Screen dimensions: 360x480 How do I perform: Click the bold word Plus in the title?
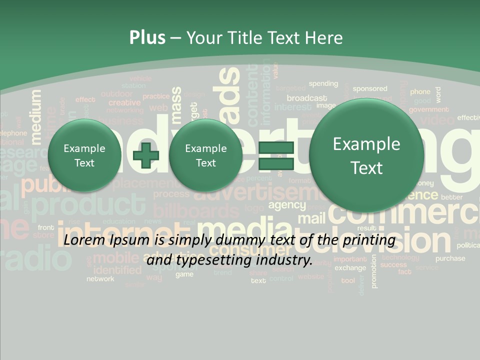147,38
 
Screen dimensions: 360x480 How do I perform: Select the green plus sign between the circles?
146,155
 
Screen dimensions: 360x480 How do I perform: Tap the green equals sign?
276,155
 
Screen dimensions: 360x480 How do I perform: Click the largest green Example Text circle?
366,155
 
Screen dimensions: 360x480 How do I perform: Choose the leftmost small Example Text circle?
84,155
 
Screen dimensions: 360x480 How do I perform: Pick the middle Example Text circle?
205,155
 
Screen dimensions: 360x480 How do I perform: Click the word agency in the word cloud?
287,205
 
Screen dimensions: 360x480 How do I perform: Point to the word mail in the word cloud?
311,218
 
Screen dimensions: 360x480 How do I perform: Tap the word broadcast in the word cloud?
307,98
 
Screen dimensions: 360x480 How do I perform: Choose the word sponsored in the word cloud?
370,88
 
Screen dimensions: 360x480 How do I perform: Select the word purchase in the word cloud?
450,258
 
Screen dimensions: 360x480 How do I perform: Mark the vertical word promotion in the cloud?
374,271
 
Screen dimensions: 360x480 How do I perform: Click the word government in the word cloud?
428,109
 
